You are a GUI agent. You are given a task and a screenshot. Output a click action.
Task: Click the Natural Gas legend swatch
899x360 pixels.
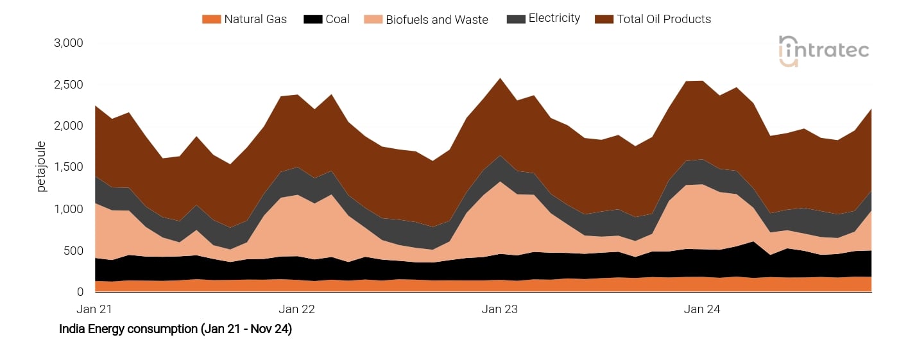[x=211, y=19]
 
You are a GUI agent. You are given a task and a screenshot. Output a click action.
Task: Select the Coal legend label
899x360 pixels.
[x=337, y=19]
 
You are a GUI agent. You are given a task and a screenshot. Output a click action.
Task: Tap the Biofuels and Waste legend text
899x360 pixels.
[x=436, y=20]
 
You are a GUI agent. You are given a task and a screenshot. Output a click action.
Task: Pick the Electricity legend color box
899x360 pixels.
[x=516, y=19]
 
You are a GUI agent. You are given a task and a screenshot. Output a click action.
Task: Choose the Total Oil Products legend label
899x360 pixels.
[x=664, y=19]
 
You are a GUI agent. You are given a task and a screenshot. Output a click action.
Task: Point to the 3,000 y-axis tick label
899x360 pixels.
[x=68, y=44]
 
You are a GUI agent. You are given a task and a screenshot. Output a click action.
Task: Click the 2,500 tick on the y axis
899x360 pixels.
[x=68, y=85]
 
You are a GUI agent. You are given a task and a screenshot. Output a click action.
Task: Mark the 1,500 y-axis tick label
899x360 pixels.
[x=68, y=167]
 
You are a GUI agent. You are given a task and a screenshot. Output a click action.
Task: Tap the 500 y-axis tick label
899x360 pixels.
[x=73, y=251]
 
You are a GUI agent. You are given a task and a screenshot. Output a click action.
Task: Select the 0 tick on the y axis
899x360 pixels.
[x=80, y=292]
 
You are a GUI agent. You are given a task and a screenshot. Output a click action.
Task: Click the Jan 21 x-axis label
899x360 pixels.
[x=94, y=309]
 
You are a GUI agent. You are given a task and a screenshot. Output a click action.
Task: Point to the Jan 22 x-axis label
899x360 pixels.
[x=297, y=309]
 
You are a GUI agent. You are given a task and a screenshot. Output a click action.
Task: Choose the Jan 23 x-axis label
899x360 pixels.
[x=499, y=309]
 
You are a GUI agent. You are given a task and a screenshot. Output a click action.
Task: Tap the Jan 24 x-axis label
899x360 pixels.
[x=701, y=309]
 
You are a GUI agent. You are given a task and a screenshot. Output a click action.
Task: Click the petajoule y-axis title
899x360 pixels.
[x=42, y=166]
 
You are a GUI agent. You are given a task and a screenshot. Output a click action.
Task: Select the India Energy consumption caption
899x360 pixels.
[x=175, y=329]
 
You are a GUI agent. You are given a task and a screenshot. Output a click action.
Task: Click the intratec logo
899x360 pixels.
[x=823, y=50]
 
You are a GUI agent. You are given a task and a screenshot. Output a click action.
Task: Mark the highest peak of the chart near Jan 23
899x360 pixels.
[x=500, y=78]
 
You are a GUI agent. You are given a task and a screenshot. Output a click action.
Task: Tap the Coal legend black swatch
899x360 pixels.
[x=313, y=19]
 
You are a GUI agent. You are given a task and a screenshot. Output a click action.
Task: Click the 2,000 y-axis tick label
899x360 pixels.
[x=68, y=126]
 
